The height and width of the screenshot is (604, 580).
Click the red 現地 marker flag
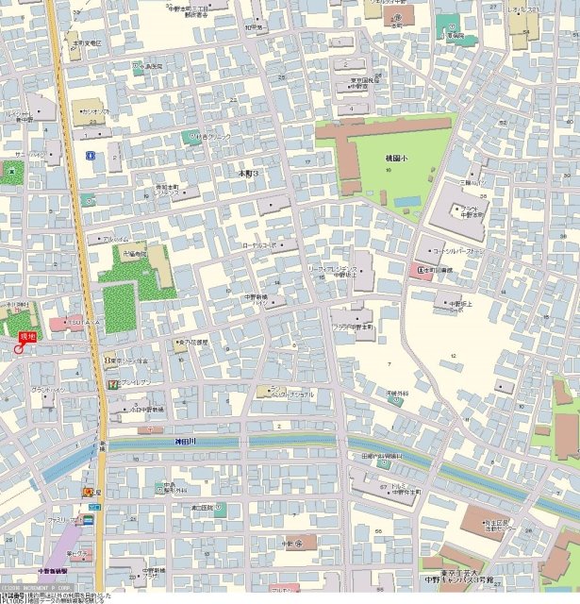tap(26, 336)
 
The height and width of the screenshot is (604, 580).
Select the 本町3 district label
tap(248, 175)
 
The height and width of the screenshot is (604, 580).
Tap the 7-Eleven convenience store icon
tap(112, 384)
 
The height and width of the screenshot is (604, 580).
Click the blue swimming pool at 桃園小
tap(407, 201)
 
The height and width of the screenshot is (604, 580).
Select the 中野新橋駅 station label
tap(53, 571)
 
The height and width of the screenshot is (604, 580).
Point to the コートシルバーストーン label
tap(458, 252)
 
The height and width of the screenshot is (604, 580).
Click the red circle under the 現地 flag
tap(18, 349)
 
